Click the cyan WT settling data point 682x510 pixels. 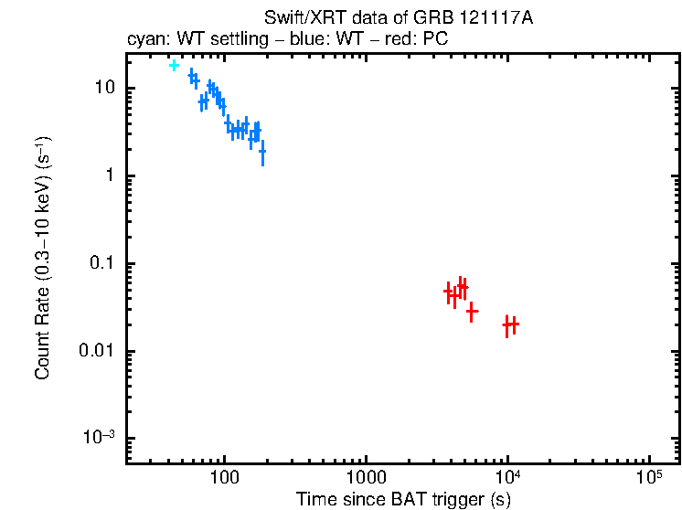[174, 66]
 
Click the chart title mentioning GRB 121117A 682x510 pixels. [398, 18]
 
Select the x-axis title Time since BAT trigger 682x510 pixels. [403, 498]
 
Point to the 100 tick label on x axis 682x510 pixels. [224, 477]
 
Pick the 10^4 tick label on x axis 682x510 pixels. [507, 475]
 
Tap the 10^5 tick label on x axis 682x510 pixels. [649, 475]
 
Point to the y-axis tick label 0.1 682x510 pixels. [99, 264]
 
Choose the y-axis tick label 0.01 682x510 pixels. [95, 352]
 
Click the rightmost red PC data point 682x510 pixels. [514, 324]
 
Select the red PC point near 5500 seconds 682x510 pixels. [472, 312]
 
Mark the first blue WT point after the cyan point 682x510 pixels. [191, 76]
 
